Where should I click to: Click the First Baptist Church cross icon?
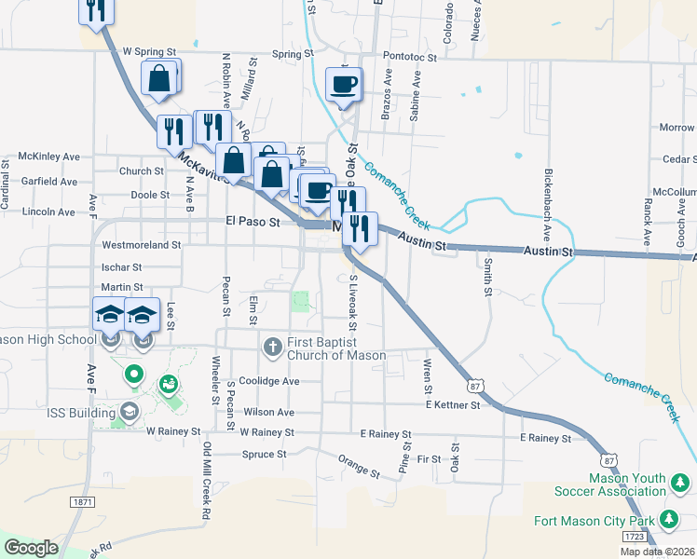tap(273, 347)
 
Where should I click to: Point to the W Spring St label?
tap(149, 52)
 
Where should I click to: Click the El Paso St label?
tap(253, 222)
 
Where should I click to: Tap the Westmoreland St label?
tap(141, 245)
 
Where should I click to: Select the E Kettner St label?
tap(452, 404)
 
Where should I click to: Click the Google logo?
tap(31, 548)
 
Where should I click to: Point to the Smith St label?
tap(487, 277)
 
